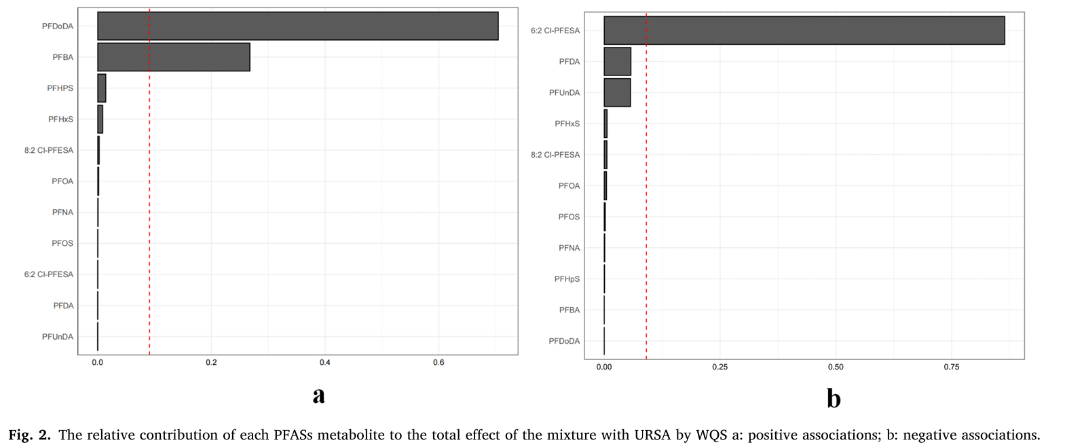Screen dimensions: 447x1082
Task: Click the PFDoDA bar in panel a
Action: click(x=297, y=26)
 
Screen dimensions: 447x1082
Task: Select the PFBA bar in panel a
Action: click(x=174, y=57)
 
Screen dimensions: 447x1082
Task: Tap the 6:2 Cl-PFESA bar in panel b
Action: click(x=804, y=31)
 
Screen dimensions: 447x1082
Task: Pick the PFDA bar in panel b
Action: click(x=617, y=62)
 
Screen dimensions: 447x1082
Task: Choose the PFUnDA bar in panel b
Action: click(x=617, y=92)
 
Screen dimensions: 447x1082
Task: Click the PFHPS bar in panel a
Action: click(x=102, y=88)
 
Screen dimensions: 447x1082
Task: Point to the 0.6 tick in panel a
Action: click(x=439, y=363)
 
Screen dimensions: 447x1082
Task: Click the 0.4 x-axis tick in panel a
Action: click(x=325, y=363)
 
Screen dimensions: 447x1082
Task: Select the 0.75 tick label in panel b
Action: click(x=951, y=367)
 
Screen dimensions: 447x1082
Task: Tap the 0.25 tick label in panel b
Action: click(x=720, y=367)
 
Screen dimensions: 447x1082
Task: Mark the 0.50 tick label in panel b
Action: click(x=836, y=367)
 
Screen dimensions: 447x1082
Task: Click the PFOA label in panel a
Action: click(x=62, y=181)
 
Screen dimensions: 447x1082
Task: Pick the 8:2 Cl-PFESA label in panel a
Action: click(x=49, y=150)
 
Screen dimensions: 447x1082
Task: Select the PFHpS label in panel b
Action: click(x=567, y=279)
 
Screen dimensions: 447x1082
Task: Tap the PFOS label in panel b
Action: click(x=569, y=217)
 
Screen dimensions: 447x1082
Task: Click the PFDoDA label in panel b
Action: click(x=564, y=341)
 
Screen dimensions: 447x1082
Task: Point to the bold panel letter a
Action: click(x=318, y=395)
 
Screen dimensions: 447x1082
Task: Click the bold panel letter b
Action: click(x=834, y=398)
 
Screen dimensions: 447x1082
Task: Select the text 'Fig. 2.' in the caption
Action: click(x=29, y=435)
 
